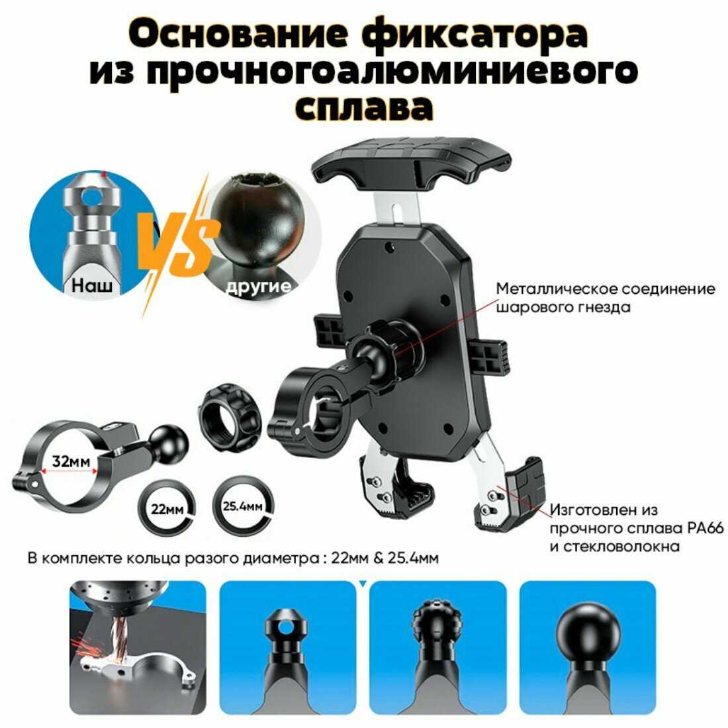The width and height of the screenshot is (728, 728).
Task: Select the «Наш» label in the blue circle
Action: point(92,285)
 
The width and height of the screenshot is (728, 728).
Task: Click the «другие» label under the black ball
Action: point(259,286)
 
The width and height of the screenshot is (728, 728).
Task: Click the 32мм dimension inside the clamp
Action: point(71,461)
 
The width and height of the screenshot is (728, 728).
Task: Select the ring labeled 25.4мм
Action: point(242,506)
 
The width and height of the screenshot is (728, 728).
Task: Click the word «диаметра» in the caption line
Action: point(281,558)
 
